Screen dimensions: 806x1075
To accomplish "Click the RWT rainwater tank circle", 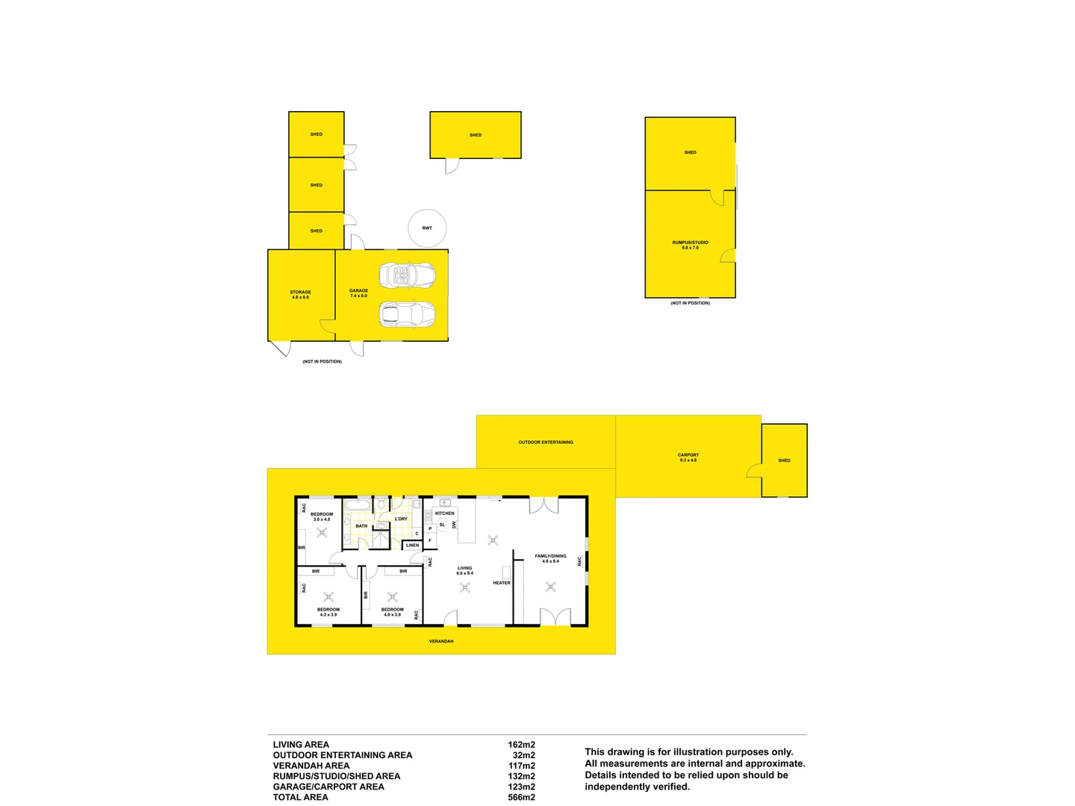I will (x=427, y=228).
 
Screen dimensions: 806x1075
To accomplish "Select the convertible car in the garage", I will (x=407, y=275).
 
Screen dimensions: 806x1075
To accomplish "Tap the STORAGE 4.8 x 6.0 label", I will (x=300, y=294).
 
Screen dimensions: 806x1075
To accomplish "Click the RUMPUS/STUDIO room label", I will (x=690, y=245).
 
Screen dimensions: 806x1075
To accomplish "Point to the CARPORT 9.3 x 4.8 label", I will (x=688, y=457).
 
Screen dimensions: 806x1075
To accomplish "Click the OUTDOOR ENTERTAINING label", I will (x=546, y=443).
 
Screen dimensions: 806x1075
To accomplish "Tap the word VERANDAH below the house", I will (x=441, y=641).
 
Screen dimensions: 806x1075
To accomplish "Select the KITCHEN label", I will (x=445, y=513).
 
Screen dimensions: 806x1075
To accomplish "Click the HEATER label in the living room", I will (x=502, y=583).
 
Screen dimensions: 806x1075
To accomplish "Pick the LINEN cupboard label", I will (x=412, y=546).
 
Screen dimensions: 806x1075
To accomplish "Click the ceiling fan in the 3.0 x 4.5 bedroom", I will (x=322, y=532).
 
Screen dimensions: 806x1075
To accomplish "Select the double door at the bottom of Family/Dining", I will (x=555, y=617).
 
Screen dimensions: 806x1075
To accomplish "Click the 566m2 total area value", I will (x=521, y=797).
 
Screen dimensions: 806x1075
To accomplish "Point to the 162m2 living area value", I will (x=521, y=745).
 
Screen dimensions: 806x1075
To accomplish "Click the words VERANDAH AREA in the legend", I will (x=311, y=766).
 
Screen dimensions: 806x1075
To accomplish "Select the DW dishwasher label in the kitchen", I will (x=454, y=525).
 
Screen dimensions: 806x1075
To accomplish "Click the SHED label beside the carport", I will (x=784, y=460).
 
